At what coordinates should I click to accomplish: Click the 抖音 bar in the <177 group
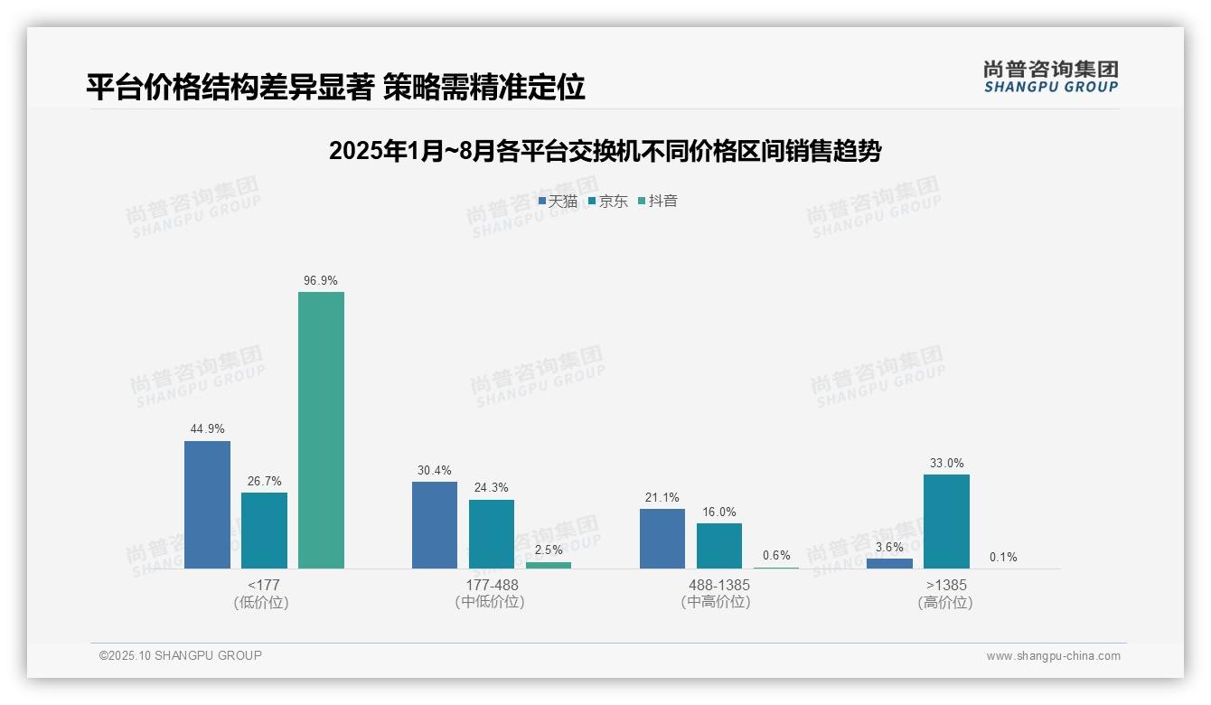coord(321,430)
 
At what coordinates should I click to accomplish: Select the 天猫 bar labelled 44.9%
coord(207,504)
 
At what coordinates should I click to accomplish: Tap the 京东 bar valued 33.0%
coord(946,522)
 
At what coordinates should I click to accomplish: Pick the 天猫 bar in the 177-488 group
coord(435,525)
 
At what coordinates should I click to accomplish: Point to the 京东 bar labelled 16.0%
coord(719,546)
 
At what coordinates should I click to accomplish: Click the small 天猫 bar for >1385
coord(889,563)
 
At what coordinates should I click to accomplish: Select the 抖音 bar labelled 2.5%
coord(549,565)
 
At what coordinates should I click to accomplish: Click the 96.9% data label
coord(321,281)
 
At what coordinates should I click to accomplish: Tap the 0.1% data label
coord(1003,557)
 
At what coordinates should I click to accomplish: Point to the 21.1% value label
coord(662,498)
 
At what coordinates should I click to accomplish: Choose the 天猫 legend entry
coord(558,202)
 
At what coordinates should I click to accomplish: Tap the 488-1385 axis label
coord(718,585)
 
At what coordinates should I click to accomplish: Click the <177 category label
coord(263,585)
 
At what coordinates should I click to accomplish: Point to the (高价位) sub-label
coord(945,602)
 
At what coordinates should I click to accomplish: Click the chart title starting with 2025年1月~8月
coord(605,151)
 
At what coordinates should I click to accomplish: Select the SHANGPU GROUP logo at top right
coord(1050,77)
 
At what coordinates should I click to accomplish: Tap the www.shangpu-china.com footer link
coord(1053,656)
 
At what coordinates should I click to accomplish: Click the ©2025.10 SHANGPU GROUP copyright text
coord(181,655)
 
